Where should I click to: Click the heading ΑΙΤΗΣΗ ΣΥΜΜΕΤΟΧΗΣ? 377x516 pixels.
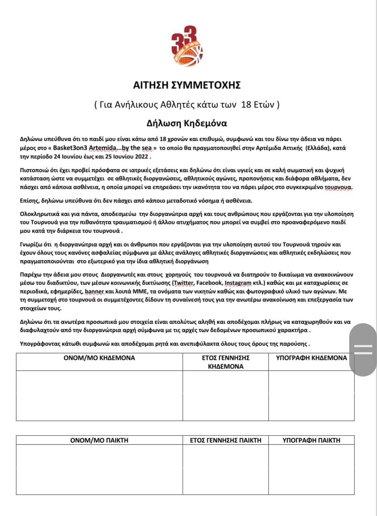coord(187,85)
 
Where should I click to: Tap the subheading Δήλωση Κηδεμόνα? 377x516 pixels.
coord(187,123)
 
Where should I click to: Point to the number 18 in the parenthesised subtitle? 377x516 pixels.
coord(246,104)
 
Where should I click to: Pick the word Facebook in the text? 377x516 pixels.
coord(209,283)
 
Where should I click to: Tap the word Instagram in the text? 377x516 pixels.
coord(238,283)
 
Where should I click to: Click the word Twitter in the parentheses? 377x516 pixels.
coord(183,283)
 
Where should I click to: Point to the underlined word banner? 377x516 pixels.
coord(94,292)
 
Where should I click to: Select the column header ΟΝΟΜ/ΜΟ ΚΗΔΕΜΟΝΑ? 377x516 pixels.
coord(99,358)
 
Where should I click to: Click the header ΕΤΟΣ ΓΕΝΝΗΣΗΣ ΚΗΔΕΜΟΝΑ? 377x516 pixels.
coord(225,362)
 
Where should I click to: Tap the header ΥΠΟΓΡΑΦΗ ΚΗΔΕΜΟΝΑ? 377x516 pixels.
coord(311,358)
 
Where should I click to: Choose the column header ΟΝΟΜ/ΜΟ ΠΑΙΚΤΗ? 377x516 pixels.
coord(99,440)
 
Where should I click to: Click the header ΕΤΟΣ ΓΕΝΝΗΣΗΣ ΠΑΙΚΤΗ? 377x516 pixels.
coord(225,440)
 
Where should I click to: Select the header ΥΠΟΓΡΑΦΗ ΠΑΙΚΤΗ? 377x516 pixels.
coord(311,440)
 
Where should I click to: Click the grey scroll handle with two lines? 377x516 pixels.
coord(363,349)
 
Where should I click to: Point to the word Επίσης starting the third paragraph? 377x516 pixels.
coord(29,200)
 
